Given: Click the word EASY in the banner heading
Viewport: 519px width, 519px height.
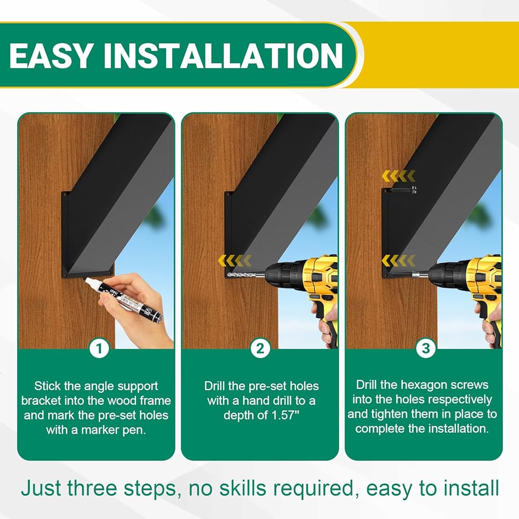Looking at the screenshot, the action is (x=51, y=56).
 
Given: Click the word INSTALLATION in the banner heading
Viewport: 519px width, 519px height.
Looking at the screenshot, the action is (x=223, y=56).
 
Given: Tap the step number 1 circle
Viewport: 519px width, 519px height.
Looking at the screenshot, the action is (x=99, y=348).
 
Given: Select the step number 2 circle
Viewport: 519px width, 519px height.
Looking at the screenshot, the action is (x=260, y=348).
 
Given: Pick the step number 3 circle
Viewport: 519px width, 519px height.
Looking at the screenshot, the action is (x=426, y=348).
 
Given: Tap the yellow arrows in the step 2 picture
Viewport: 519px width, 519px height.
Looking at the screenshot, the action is (x=235, y=261).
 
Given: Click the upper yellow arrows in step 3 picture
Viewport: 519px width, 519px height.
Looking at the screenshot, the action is (x=399, y=176).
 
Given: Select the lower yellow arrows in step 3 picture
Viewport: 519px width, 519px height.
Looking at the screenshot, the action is (x=399, y=261).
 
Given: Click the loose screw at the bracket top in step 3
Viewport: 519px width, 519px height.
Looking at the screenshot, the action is (x=404, y=189).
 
